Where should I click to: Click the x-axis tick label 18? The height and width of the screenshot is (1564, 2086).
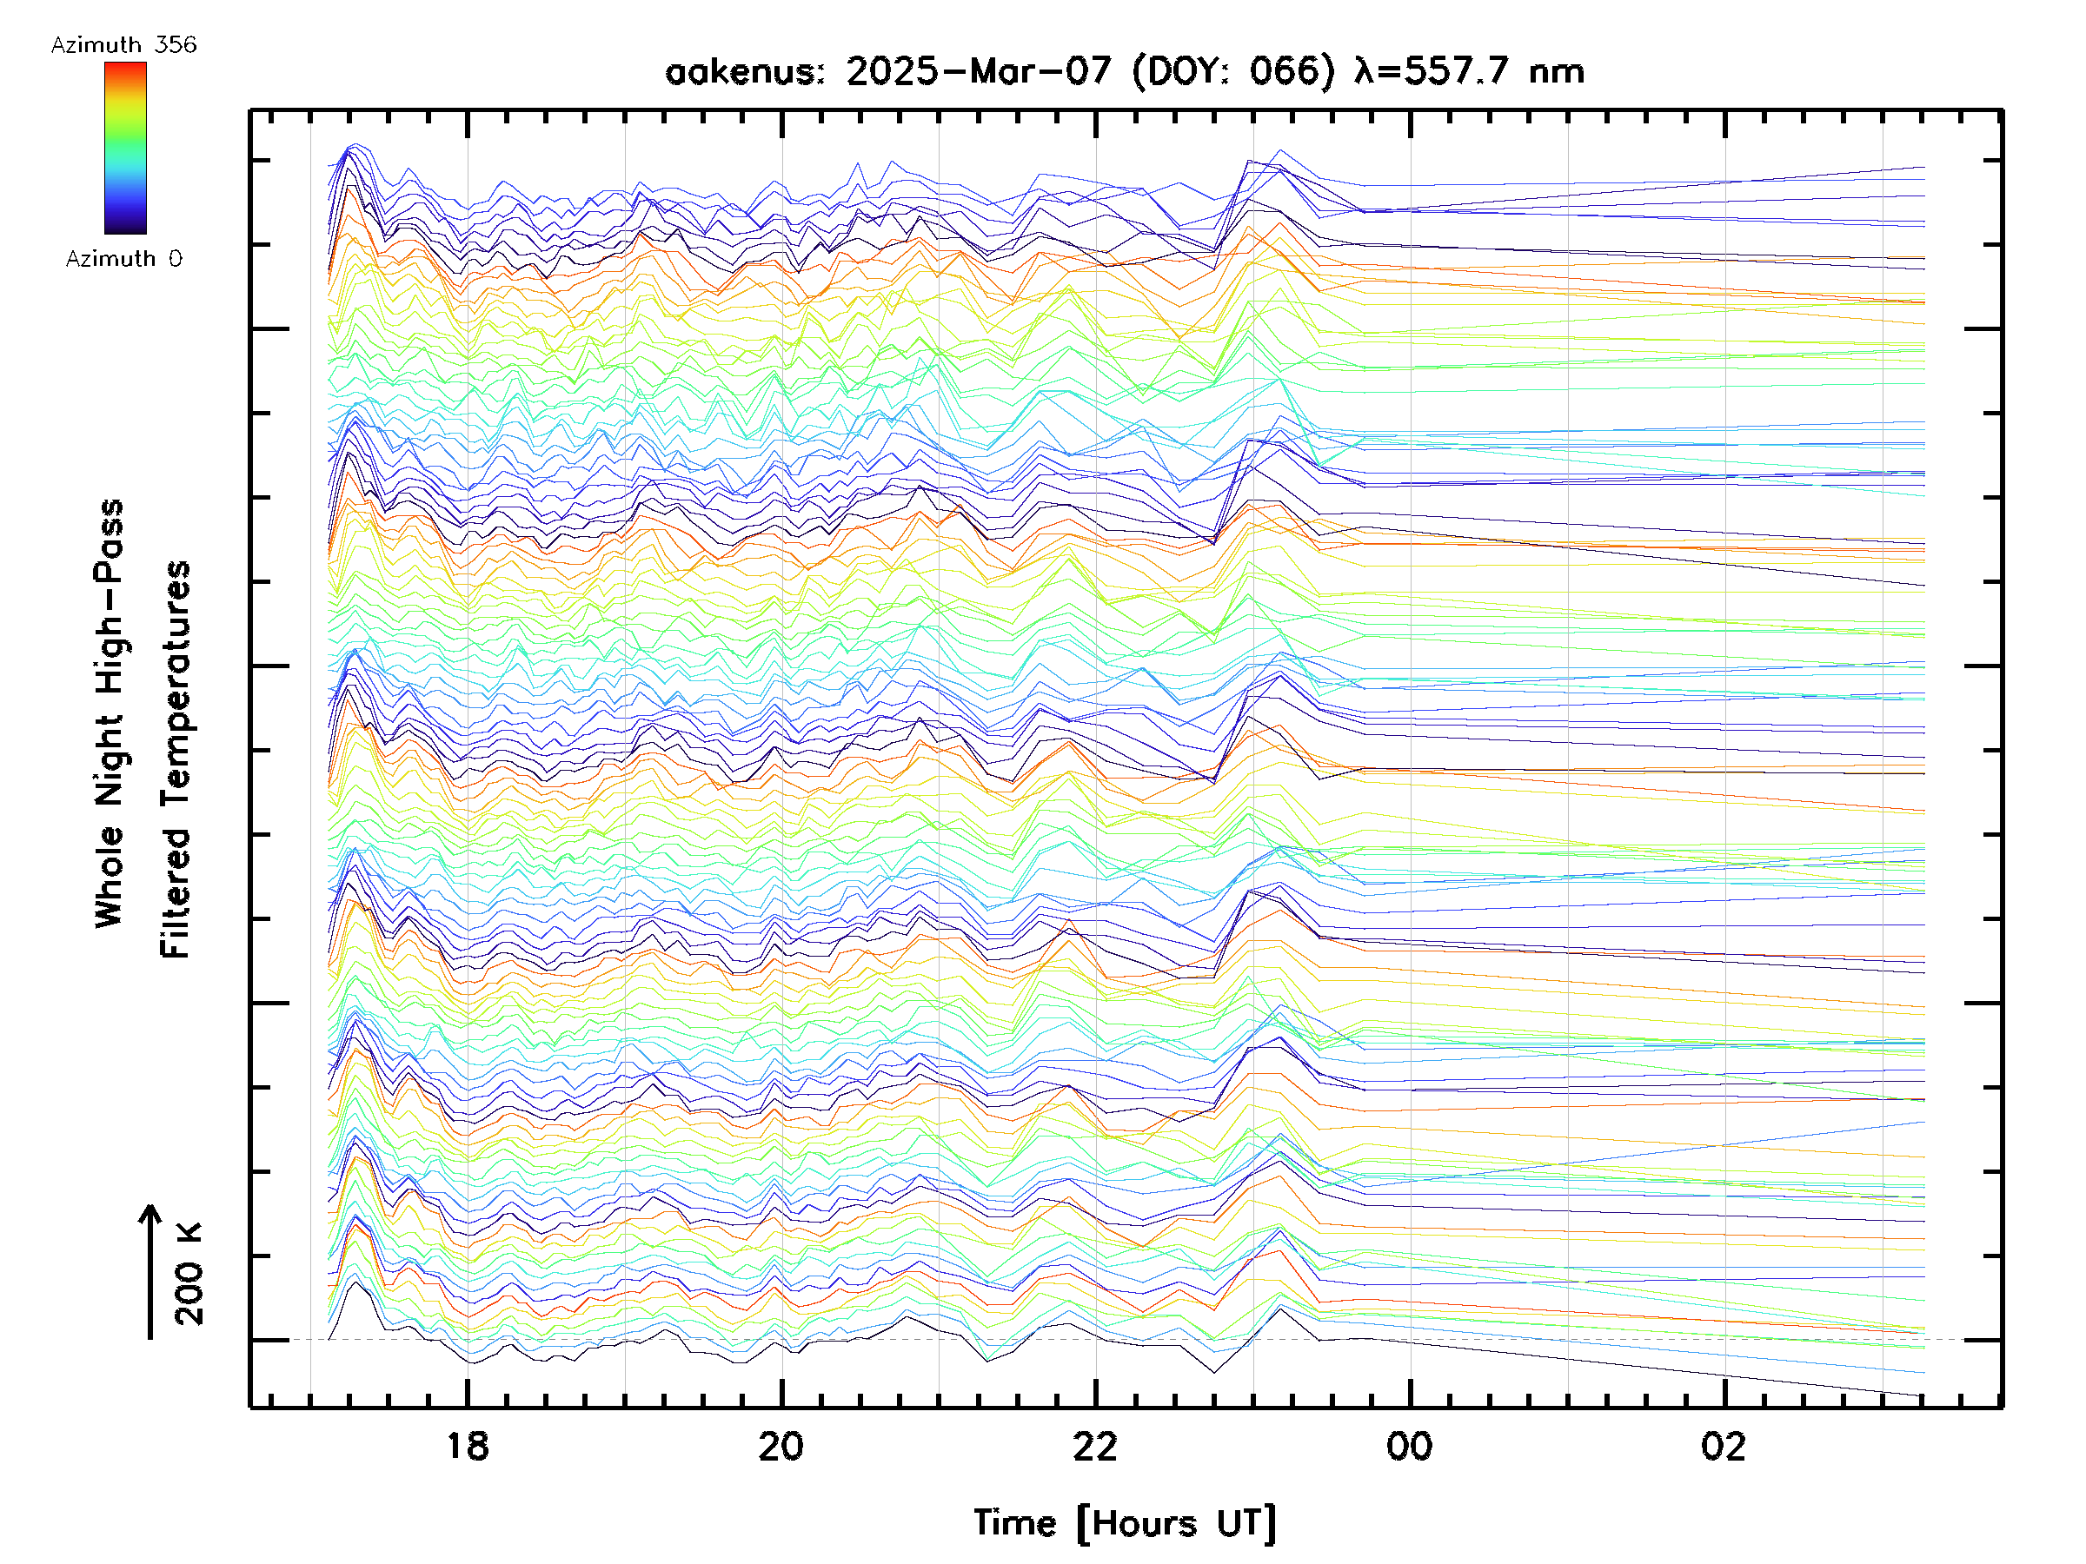[467, 1446]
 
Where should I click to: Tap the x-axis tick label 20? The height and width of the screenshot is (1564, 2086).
[781, 1446]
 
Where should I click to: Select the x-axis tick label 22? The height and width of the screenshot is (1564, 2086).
[1095, 1446]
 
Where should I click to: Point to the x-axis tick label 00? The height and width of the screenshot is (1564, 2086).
[1409, 1446]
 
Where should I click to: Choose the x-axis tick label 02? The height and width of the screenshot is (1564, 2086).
[1723, 1446]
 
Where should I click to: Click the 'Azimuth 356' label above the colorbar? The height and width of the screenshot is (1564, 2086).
[123, 45]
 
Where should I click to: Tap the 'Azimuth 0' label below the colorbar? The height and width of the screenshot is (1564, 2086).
[123, 258]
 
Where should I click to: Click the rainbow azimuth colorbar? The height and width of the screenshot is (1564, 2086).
[125, 148]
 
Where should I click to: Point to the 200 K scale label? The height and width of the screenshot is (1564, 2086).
[189, 1274]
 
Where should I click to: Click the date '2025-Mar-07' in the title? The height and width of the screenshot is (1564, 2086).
[979, 71]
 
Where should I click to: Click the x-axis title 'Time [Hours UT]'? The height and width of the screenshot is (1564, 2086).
[1125, 1523]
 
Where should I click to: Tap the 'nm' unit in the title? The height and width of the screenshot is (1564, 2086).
[1556, 71]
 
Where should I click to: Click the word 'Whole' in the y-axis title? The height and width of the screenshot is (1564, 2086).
[110, 878]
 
